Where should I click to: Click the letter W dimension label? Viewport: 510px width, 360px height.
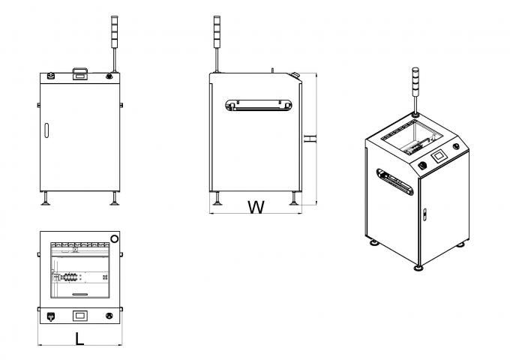click(256, 207)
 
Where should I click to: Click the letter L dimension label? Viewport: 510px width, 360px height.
click(79, 339)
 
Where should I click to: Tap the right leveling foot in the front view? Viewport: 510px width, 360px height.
click(115, 198)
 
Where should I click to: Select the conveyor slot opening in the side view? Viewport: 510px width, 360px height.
click(259, 106)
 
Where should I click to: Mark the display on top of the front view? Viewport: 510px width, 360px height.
click(79, 74)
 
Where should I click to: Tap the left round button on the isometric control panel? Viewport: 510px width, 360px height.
click(422, 164)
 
